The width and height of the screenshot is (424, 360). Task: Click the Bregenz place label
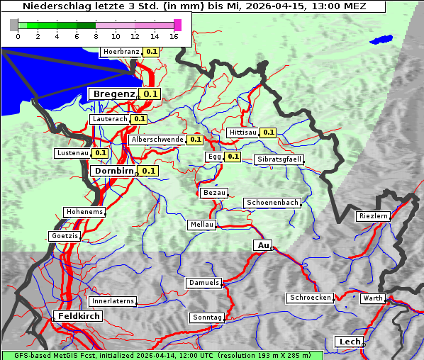[113, 94]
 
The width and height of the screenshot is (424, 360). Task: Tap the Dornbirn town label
[113, 171]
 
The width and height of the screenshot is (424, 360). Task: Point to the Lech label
[349, 342]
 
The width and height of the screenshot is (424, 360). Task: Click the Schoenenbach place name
[272, 203]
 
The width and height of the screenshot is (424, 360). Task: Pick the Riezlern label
[374, 215]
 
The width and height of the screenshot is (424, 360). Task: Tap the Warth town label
[372, 298]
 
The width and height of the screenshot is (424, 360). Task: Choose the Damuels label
[204, 283]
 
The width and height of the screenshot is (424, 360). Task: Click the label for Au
[262, 245]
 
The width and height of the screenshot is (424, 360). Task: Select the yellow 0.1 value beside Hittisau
[269, 133]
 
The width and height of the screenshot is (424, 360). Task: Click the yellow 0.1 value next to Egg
[233, 157]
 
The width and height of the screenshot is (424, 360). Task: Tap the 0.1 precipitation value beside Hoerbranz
[152, 52]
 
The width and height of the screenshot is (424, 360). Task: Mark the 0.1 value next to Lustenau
[101, 153]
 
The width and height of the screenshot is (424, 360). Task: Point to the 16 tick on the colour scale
[174, 36]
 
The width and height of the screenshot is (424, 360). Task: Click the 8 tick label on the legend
[96, 36]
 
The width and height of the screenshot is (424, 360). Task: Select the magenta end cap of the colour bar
[177, 25]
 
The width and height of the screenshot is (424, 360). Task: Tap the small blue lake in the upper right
[381, 40]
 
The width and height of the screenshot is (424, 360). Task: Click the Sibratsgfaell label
[279, 159]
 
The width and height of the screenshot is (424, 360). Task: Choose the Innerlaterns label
[113, 301]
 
